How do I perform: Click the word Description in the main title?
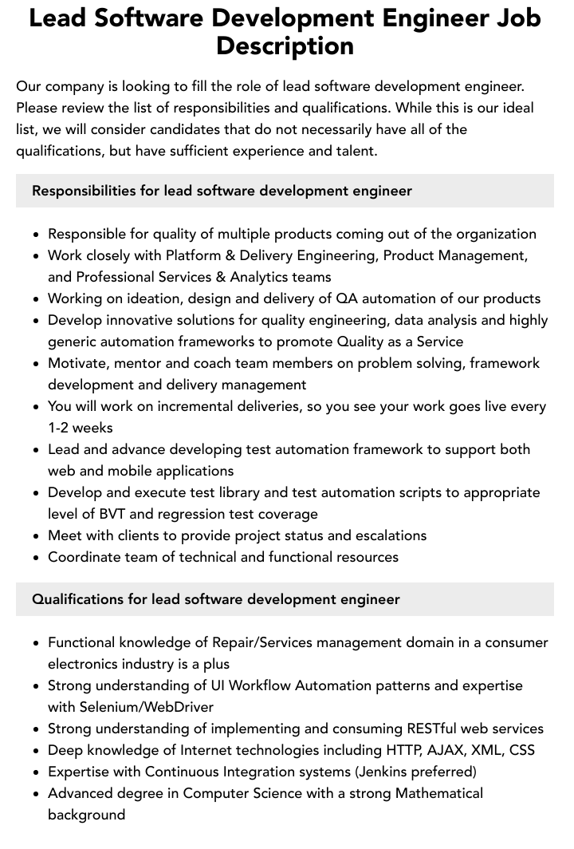(x=285, y=45)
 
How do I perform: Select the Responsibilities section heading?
(x=222, y=191)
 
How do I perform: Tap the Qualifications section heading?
(x=215, y=599)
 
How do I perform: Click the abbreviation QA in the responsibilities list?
(x=347, y=298)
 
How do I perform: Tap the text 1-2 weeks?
(x=81, y=428)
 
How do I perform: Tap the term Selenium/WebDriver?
(x=147, y=707)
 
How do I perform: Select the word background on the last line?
(x=86, y=815)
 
